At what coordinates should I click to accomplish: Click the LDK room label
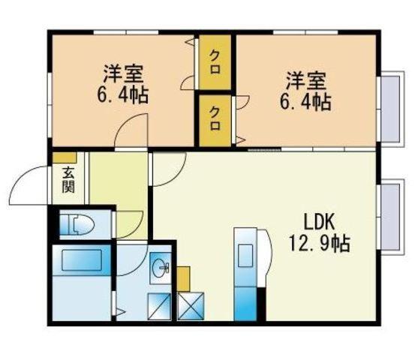[319, 223]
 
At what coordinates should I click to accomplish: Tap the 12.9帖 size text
[320, 243]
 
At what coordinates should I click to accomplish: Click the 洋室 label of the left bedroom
[124, 74]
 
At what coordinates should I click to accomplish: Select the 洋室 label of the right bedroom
[305, 80]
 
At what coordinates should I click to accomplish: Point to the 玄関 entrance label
[68, 181]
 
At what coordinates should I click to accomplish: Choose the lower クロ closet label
[215, 118]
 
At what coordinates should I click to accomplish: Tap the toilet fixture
[77, 224]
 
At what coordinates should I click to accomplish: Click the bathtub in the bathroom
[82, 260]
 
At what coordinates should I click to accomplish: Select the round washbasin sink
[161, 268]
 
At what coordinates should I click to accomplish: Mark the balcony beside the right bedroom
[392, 109]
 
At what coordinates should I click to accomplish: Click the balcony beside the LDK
[392, 217]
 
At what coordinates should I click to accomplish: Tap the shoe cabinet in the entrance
[65, 158]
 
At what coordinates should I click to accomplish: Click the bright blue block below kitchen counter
[245, 304]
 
